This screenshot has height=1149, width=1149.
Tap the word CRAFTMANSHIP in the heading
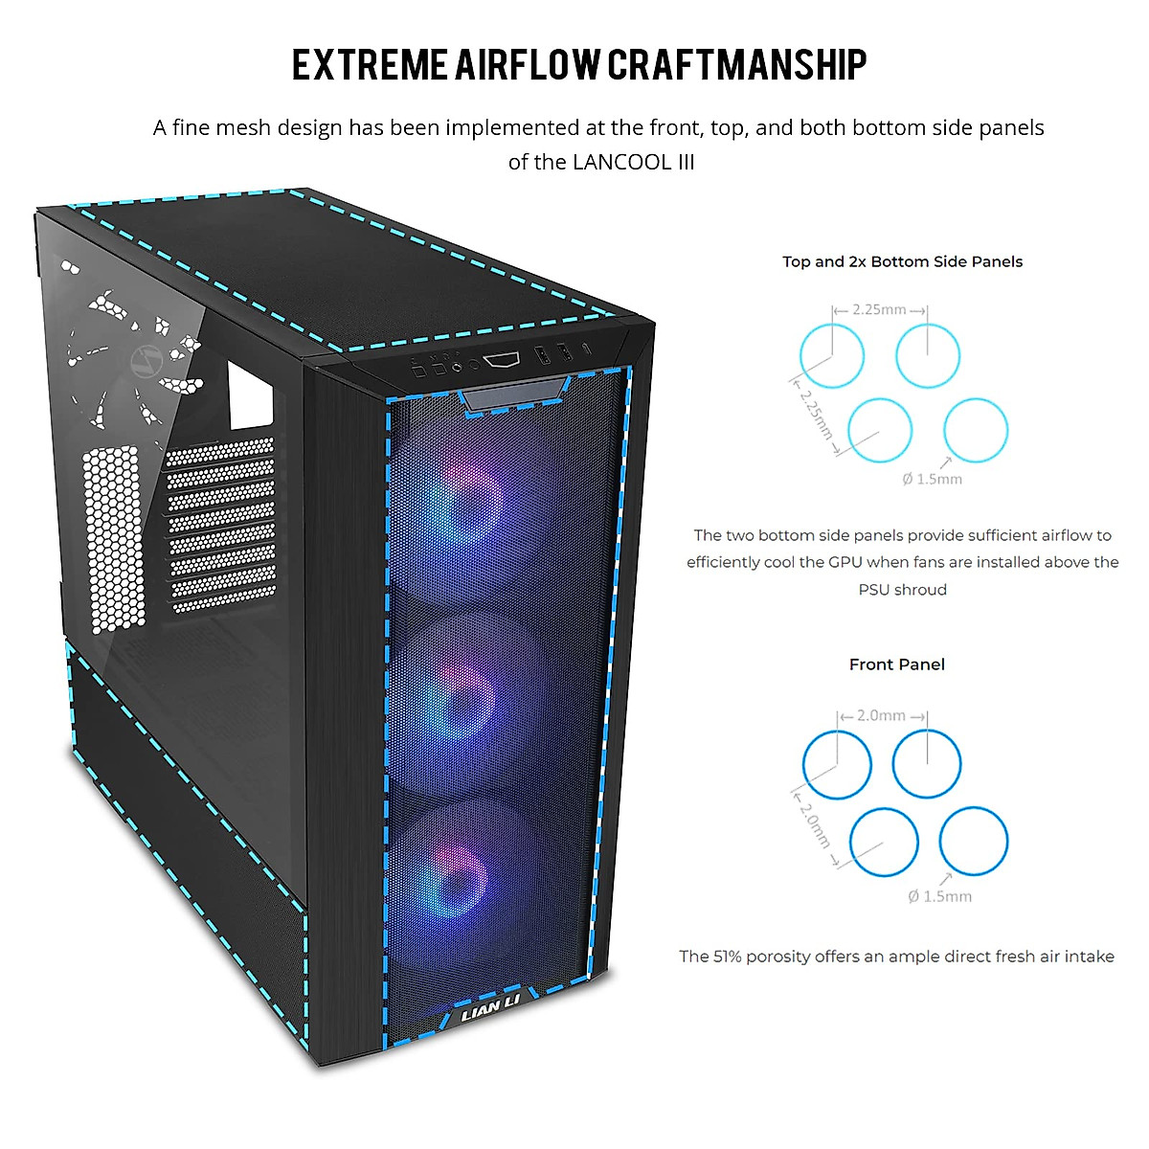point(737,65)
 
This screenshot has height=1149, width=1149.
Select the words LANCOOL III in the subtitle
point(634,162)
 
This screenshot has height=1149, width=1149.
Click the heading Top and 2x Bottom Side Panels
point(902,261)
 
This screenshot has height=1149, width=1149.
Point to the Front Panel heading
point(896,665)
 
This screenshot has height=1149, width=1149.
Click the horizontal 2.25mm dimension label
point(879,309)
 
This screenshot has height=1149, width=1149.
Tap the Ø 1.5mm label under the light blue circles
point(932,479)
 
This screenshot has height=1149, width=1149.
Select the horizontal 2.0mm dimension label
point(880,715)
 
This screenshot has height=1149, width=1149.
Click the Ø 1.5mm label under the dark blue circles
point(939,896)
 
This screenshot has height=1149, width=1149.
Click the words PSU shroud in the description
point(902,590)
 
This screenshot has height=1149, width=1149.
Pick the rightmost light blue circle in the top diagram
point(976,430)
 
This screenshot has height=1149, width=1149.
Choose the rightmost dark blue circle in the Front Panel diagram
point(973,842)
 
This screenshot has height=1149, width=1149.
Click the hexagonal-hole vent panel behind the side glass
point(114,536)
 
